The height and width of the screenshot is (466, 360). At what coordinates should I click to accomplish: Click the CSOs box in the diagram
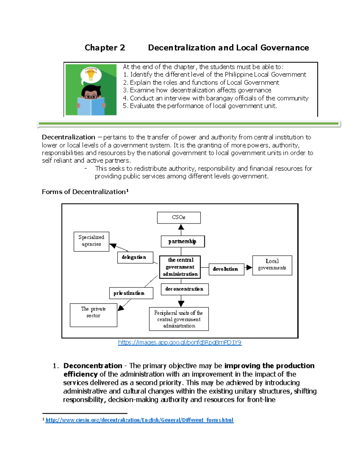(x=179, y=218)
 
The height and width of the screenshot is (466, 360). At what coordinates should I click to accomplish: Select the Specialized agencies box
(x=91, y=241)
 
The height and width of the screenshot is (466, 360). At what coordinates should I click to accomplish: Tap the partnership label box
(x=183, y=241)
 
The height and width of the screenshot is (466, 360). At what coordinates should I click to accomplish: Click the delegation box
(x=135, y=257)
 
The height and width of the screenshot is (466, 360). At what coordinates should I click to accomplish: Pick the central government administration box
(x=180, y=267)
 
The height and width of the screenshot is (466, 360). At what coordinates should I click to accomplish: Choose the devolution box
(x=226, y=269)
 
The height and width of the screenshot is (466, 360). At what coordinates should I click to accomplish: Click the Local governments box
(x=272, y=265)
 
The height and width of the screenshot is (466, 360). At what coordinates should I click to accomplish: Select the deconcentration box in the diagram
(x=184, y=289)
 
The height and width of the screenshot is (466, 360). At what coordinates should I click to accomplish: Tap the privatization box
(x=131, y=293)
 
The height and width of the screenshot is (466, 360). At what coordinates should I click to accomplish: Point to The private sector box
(x=93, y=315)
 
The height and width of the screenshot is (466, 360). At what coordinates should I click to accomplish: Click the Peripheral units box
(x=179, y=319)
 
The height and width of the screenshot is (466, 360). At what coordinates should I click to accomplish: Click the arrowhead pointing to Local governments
(x=249, y=267)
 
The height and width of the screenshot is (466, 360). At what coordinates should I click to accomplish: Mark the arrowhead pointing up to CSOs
(x=181, y=227)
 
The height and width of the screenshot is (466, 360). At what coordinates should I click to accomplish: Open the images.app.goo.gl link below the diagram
(x=180, y=342)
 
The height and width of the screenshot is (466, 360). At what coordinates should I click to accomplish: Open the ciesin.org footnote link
(x=139, y=420)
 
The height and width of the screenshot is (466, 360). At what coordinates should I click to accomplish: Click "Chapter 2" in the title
(x=105, y=48)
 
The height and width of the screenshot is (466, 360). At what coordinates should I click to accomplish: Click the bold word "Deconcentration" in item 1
(x=93, y=366)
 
